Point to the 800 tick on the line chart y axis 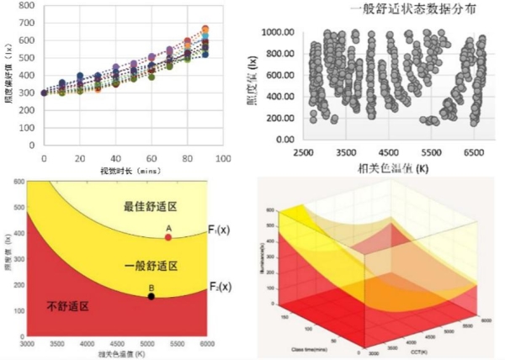[26, 6]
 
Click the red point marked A [168, 237]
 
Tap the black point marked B [151, 296]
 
